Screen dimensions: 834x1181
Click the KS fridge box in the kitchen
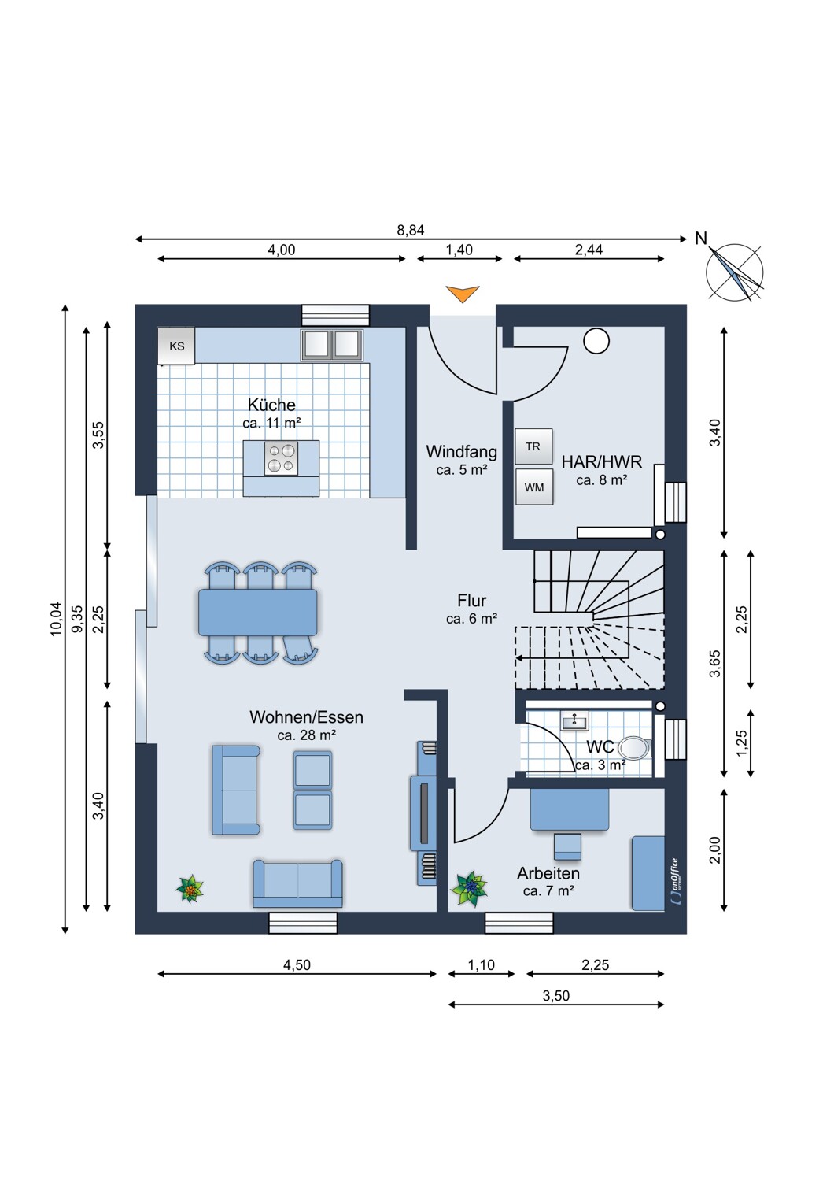pos(176,346)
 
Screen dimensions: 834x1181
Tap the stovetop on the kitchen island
pos(281,459)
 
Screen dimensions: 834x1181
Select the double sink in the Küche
pos(331,345)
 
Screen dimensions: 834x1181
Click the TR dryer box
pos(533,446)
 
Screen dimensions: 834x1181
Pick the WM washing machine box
pos(533,487)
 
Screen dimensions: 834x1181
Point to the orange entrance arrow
pos(462,294)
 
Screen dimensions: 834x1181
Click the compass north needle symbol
pos(734,272)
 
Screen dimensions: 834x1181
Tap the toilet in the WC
pos(636,748)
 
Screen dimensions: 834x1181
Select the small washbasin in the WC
pos(575,720)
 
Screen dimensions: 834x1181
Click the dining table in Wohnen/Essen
pos(257,612)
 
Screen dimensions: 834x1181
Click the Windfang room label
pos(462,452)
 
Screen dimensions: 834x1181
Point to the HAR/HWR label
pos(602,462)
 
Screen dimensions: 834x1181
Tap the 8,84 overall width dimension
pos(411,231)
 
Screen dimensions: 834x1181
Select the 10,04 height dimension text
pos(56,619)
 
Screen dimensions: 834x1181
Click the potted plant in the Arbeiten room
pos(469,888)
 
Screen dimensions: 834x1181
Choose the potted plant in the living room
pos(190,889)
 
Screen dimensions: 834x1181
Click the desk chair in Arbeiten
pos(567,847)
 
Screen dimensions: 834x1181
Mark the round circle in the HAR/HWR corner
pos(596,341)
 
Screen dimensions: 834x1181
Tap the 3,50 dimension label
pos(555,996)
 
